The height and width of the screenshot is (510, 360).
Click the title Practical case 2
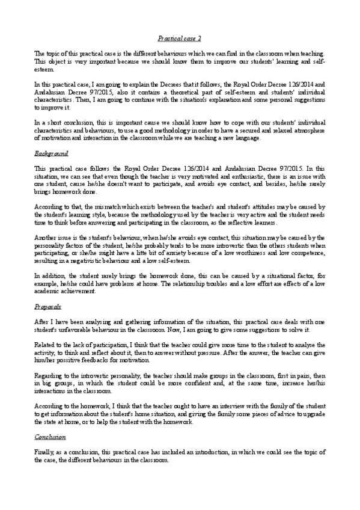179,38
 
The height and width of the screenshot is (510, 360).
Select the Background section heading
51,154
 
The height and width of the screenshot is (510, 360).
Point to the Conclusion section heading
49,437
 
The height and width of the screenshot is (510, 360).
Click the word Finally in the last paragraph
44,451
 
